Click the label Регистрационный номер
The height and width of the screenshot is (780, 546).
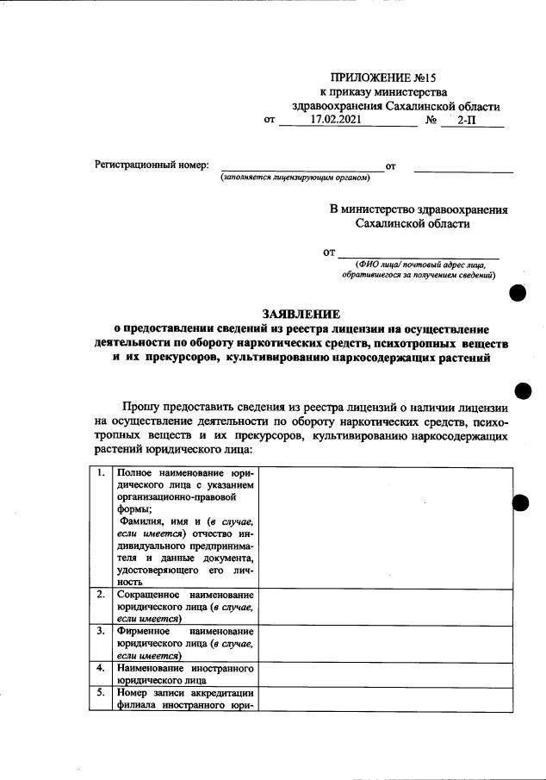pyautogui.click(x=151, y=165)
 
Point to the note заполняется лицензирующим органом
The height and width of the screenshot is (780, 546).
pyautogui.click(x=295, y=178)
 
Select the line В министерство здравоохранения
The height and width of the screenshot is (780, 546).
pyautogui.click(x=419, y=209)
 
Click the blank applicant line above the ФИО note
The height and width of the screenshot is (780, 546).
pyautogui.click(x=418, y=253)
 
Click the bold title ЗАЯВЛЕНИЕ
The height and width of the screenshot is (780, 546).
pyautogui.click(x=301, y=314)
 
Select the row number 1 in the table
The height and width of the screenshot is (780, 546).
pyautogui.click(x=102, y=472)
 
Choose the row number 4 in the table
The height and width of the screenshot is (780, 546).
pyautogui.click(x=102, y=668)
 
